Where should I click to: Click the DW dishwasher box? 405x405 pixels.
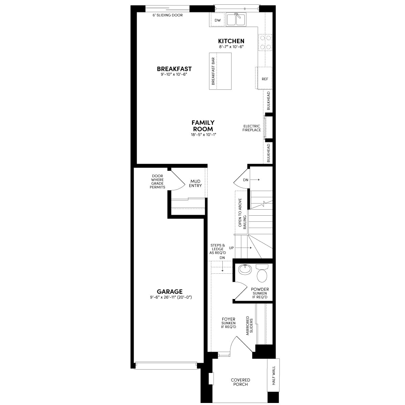pyautogui.click(x=218, y=20)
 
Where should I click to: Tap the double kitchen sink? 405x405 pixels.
pyautogui.click(x=236, y=20)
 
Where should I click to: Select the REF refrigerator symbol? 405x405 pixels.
pyautogui.click(x=265, y=79)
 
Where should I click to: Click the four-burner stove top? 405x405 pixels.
pyautogui.click(x=265, y=43)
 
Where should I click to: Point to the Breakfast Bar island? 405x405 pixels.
pyautogui.click(x=220, y=71)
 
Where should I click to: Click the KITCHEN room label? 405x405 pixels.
pyautogui.click(x=231, y=41)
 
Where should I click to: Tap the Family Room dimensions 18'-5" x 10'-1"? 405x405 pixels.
pyautogui.click(x=203, y=135)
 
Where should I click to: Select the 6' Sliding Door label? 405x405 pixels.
pyautogui.click(x=168, y=15)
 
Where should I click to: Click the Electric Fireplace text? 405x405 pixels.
pyautogui.click(x=251, y=128)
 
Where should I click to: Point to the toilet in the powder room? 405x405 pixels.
pyautogui.click(x=262, y=273)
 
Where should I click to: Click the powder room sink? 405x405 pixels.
pyautogui.click(x=245, y=270)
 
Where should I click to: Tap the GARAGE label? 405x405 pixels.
pyautogui.click(x=170, y=292)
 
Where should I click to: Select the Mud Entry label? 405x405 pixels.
pyautogui.click(x=195, y=184)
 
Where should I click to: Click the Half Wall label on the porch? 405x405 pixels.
pyautogui.click(x=274, y=376)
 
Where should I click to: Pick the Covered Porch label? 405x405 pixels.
pyautogui.click(x=240, y=382)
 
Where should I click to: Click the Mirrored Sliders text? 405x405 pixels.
pyautogui.click(x=249, y=325)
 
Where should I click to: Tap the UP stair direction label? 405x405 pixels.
pyautogui.click(x=232, y=248)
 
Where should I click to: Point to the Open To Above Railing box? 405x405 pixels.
pyautogui.click(x=242, y=212)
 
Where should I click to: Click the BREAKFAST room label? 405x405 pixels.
pyautogui.click(x=174, y=69)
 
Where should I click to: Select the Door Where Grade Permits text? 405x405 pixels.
pyautogui.click(x=157, y=182)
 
